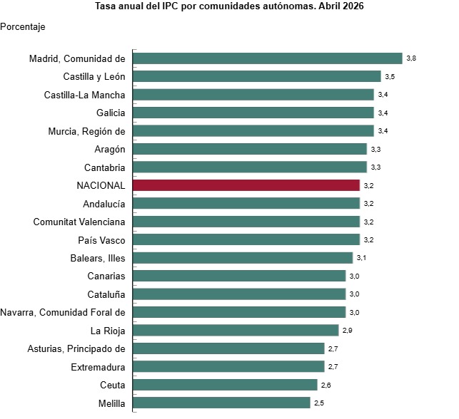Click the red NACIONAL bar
pos(246,185)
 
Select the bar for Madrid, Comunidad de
pos(268,58)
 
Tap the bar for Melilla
pos(221,403)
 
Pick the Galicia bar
pos(253,113)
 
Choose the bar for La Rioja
pos(236,330)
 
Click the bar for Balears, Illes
pos(243,258)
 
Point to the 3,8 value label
pos(411,58)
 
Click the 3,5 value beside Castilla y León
pos(390,76)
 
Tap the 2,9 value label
pos(348,331)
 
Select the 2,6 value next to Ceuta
pos(326,386)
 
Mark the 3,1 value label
pos(361,258)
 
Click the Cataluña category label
pos(106,294)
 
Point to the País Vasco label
pos(101,240)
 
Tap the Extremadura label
pos(98,367)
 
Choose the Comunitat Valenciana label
pos(79,222)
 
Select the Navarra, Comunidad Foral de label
pos(63,312)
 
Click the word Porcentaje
pos(23,27)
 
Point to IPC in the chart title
pos(170,6)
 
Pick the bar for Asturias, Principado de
pos(228,348)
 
